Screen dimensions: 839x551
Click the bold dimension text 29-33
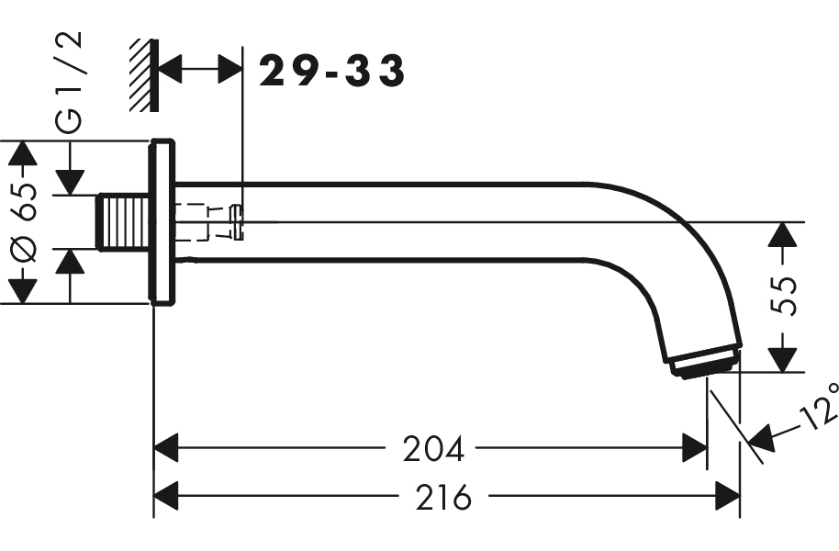tap(331, 71)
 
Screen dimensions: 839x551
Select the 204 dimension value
tap(433, 449)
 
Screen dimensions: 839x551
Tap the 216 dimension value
tap(443, 497)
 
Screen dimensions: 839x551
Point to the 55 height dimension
tap(783, 296)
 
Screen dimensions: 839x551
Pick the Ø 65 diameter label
tap(25, 222)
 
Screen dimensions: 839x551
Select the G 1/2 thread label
tap(70, 82)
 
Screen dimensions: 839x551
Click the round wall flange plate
tap(162, 222)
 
